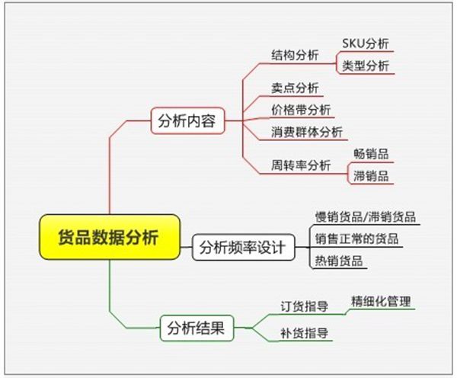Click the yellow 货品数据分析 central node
110,237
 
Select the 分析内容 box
187,120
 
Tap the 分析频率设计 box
244,248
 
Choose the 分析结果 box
197,328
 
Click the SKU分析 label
366,43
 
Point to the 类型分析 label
366,66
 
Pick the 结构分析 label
295,55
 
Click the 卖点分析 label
295,88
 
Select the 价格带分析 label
301,110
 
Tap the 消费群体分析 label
307,132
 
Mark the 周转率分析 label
301,165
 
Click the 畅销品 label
371,154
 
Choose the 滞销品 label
371,176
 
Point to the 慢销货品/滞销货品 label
366,217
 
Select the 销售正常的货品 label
356,239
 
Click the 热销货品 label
339,261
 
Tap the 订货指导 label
304,306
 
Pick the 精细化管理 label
381,301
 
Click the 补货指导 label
304,333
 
